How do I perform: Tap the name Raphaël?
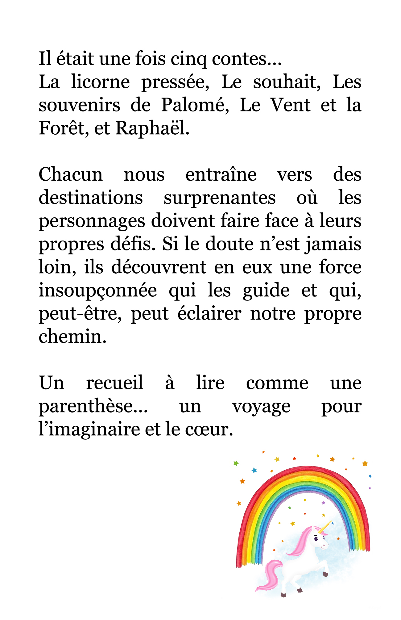click(x=152, y=128)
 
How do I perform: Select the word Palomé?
click(x=195, y=105)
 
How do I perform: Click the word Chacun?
click(x=71, y=175)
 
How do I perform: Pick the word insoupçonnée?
click(x=98, y=291)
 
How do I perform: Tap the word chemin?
click(x=72, y=337)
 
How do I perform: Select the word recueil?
click(x=114, y=383)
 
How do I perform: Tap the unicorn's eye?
click(x=316, y=538)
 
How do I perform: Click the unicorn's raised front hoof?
click(x=325, y=574)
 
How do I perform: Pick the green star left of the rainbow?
click(x=236, y=463)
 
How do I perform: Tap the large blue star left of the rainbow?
click(x=254, y=470)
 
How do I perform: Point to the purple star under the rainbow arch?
click(x=323, y=503)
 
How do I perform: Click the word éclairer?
click(x=209, y=314)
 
